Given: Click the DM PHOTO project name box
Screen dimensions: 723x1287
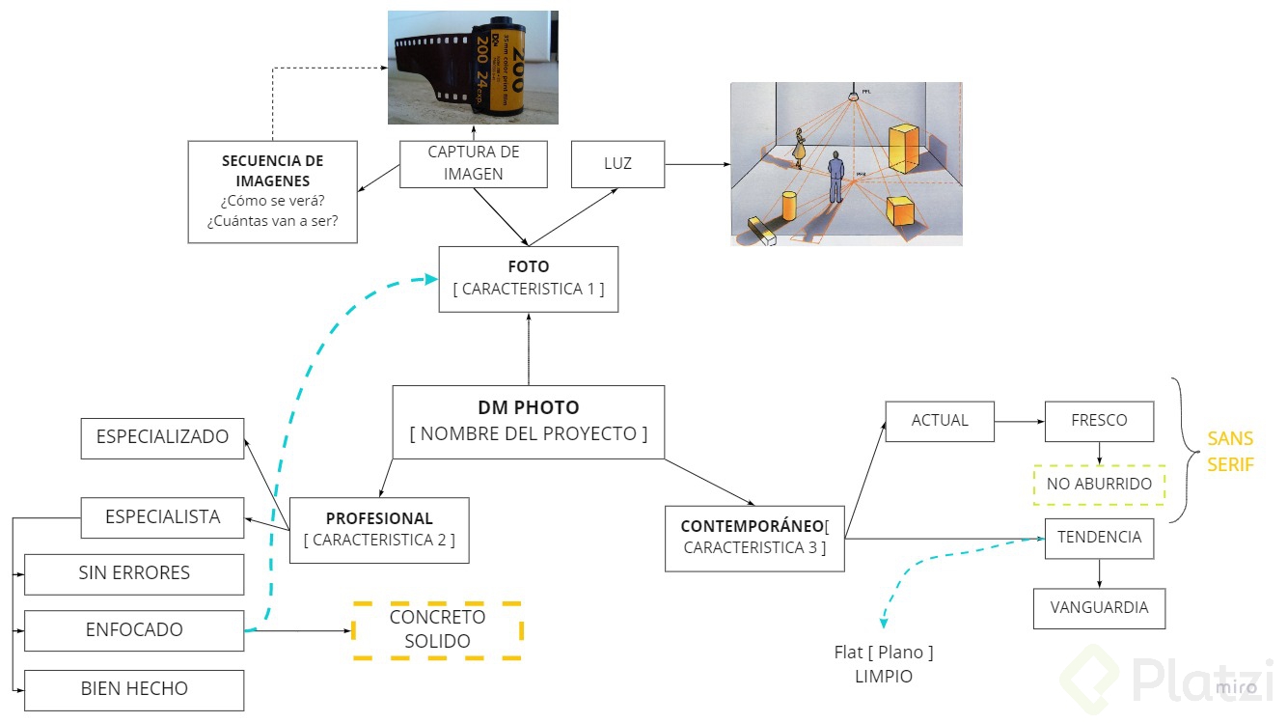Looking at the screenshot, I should (528, 422).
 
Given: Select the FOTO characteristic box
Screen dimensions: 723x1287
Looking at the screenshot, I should (528, 279).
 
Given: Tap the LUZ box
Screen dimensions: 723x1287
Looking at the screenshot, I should (617, 163).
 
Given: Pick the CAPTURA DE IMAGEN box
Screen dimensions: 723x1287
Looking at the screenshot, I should (474, 163).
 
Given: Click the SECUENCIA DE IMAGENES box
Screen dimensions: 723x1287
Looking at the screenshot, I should (272, 191).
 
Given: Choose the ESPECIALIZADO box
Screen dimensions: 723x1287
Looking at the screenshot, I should (162, 437).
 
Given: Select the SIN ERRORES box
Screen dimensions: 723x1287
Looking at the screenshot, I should (134, 573).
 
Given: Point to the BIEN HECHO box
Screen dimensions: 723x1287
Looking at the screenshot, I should (134, 689).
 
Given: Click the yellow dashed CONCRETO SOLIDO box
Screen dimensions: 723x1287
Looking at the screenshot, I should (437, 630).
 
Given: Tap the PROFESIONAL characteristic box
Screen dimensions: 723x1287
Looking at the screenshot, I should (379, 530).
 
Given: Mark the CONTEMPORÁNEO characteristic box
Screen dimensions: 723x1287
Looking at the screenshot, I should (754, 538).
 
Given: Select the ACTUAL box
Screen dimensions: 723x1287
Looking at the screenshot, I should (939, 421).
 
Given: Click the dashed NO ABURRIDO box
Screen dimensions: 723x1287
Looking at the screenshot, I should (1099, 485).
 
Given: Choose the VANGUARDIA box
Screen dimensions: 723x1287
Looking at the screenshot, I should (1099, 608).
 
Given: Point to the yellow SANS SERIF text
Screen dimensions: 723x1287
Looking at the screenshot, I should (1230, 452).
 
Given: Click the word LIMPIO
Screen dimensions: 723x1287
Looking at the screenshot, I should (883, 677).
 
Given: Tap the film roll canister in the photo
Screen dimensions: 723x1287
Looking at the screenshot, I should (506, 68).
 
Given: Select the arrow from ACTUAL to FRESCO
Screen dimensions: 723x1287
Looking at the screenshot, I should (1020, 421).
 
